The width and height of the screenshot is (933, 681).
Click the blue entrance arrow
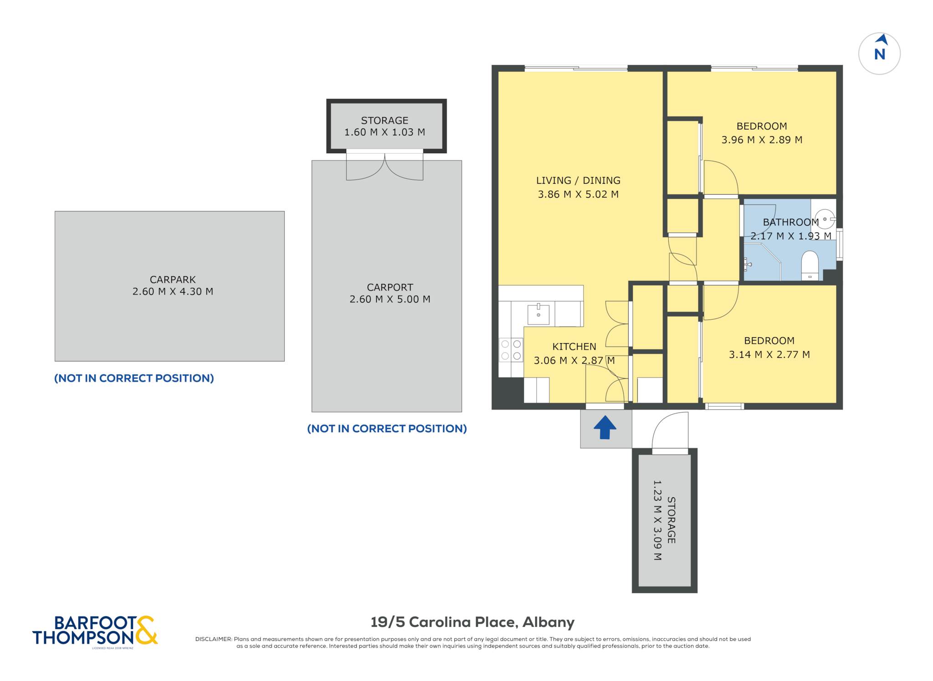605,428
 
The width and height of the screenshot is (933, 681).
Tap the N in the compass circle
880,55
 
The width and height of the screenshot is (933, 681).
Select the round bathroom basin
825,219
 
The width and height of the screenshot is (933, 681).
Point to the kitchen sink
538,314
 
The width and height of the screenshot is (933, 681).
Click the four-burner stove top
511,350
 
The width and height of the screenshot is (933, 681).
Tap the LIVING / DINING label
578,181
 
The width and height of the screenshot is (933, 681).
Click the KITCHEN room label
574,347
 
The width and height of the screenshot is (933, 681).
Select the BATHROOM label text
791,222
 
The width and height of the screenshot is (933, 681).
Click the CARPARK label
173,280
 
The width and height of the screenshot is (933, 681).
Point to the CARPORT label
390,288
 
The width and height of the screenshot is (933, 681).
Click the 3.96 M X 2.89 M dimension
762,140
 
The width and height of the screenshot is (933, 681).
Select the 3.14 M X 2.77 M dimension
769,355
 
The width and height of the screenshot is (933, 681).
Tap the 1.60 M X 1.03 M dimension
384,132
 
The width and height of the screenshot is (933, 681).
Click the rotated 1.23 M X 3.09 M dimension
657,520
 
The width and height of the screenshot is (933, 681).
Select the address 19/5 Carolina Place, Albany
472,622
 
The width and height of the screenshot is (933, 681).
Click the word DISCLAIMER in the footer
213,639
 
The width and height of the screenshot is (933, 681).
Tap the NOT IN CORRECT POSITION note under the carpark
134,378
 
